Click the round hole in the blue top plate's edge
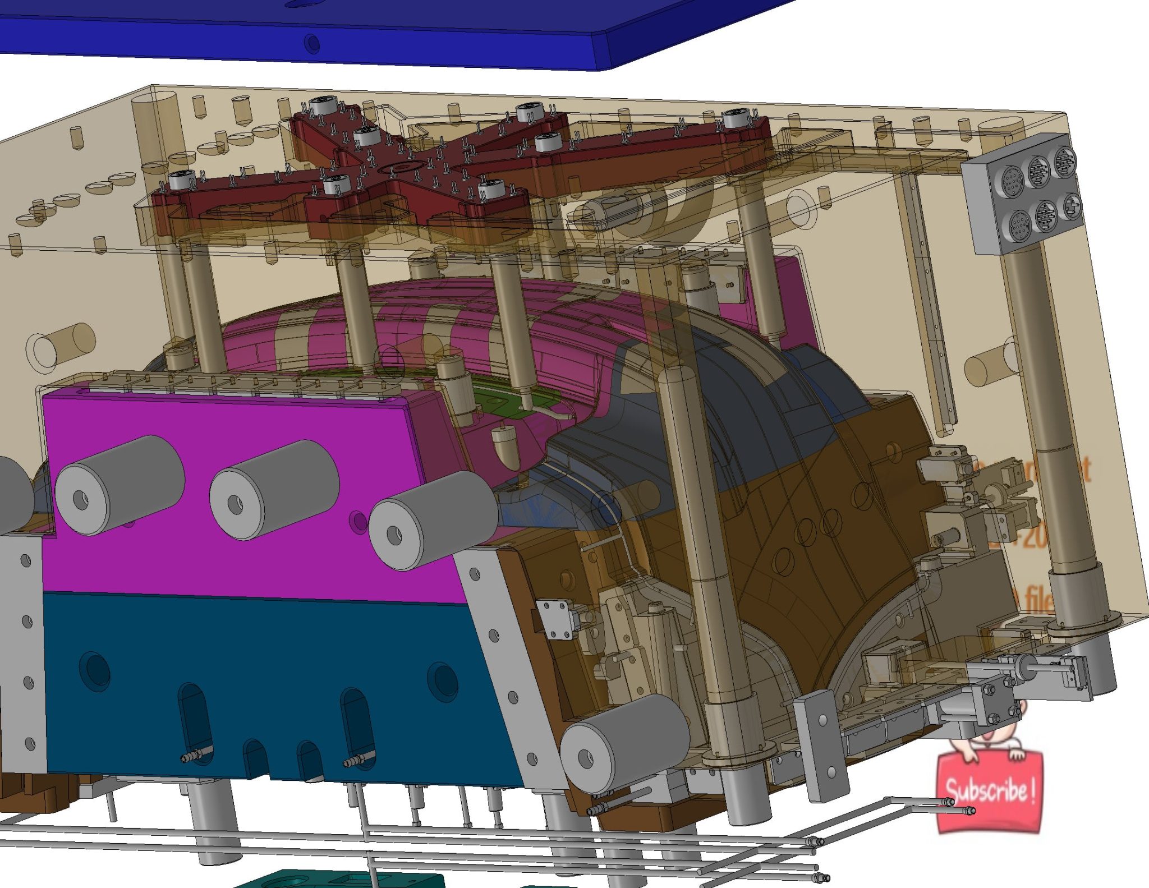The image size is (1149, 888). pyautogui.click(x=312, y=43)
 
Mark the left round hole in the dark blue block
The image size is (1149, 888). pyautogui.click(x=95, y=670)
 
